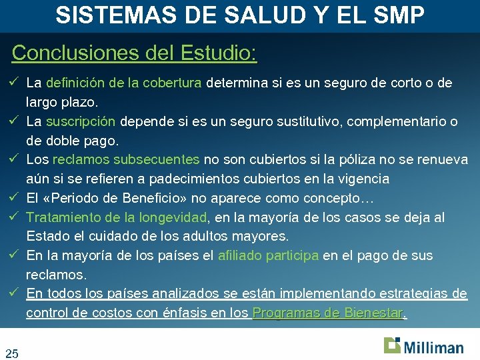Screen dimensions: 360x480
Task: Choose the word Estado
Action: point(45,236)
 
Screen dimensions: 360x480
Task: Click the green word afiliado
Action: point(239,256)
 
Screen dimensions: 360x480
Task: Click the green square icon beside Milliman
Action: point(392,345)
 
